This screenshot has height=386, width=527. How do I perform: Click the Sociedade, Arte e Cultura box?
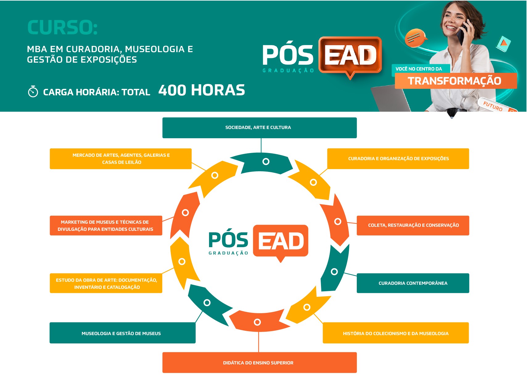coord(260,128)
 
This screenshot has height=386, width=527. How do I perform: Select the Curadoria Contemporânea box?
coord(413,283)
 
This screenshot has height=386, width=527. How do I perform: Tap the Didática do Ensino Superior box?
coord(260,363)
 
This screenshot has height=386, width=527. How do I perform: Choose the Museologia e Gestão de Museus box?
coord(122,333)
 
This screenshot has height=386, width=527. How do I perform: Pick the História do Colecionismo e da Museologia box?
coord(396,333)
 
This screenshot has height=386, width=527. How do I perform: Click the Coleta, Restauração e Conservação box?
coord(413,226)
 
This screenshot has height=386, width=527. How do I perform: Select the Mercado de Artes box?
coord(121,159)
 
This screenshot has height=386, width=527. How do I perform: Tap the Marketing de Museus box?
coord(106,226)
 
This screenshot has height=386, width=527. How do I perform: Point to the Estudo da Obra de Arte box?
coord(106,283)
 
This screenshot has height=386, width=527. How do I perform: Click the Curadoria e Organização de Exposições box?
coord(398,159)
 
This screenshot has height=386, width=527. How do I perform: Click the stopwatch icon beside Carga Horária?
coord(33,91)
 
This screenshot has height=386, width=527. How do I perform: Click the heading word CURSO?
coord(62,27)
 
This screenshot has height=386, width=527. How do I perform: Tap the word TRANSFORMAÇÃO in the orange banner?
coord(455,81)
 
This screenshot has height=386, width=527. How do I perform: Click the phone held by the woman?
coord(462,32)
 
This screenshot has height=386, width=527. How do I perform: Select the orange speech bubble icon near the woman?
coord(415,38)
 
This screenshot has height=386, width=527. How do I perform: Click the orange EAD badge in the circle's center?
coord(280,243)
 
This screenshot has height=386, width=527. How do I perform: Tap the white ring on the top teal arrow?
coord(266,161)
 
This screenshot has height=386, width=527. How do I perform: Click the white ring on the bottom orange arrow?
coord(257,322)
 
